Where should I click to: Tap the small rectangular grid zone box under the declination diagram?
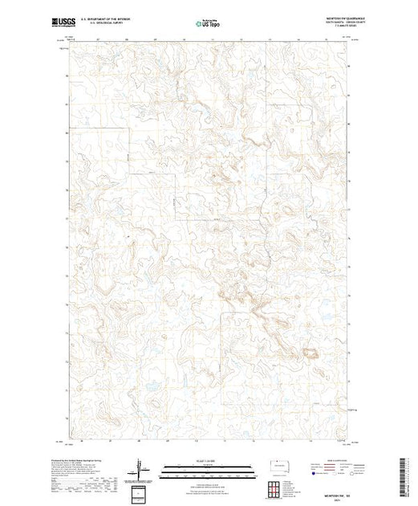pos(140,492)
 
